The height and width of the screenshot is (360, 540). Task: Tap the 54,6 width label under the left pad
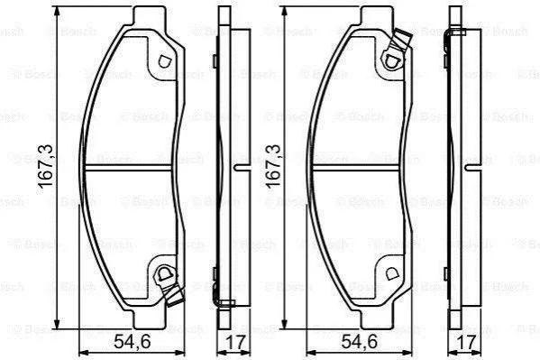[x=133, y=342]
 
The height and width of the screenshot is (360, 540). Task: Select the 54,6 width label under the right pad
[x=360, y=342]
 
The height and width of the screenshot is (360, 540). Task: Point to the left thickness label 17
[x=235, y=342]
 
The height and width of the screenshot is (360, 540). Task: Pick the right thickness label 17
[x=466, y=342]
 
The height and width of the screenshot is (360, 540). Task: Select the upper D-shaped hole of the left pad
[x=164, y=61]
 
